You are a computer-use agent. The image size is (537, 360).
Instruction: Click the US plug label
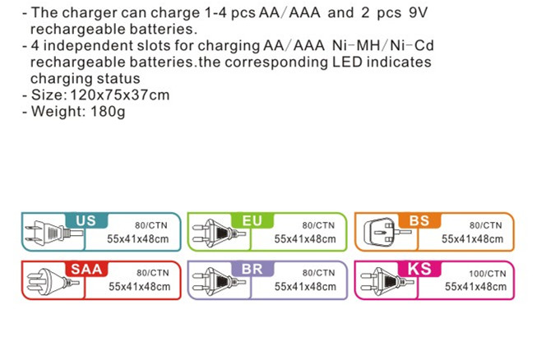coord(85,220)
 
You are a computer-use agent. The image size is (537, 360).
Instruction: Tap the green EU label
coord(252,220)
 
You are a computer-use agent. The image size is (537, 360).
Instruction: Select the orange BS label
coord(419,220)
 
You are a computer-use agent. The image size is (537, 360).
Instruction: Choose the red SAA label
coord(86,269)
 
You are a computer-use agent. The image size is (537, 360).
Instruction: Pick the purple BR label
coord(252,269)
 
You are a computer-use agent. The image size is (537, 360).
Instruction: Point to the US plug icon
coord(44,233)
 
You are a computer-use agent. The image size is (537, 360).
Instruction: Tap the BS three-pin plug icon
coord(382,233)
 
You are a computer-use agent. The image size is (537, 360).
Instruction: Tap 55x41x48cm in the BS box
coord(472,239)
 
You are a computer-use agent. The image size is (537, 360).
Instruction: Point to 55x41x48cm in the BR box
coord(305,287)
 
